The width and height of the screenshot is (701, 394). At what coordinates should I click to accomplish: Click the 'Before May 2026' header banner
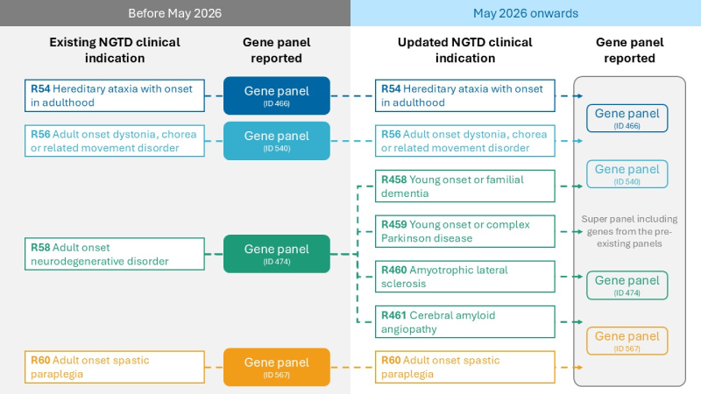tap(175, 13)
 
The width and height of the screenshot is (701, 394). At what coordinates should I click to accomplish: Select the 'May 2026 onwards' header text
tap(526, 13)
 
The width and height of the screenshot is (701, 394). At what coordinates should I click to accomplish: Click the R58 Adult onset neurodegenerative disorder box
tap(114, 254)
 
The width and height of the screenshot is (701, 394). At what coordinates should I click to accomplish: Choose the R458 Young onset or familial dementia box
tap(465, 186)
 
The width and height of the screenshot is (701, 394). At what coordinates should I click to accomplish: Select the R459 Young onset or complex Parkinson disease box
tap(465, 231)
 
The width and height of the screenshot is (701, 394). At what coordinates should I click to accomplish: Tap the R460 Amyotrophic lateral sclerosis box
tap(465, 277)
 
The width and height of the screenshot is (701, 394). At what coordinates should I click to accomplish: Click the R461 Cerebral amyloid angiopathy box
tap(465, 321)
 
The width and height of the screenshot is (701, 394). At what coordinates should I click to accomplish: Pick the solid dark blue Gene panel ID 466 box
tap(276, 95)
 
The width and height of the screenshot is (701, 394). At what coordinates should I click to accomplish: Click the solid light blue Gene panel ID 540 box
tap(276, 140)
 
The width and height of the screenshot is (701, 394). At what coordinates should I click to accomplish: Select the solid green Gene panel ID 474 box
tap(276, 254)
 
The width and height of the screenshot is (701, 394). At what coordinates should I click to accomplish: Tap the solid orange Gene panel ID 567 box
tap(276, 367)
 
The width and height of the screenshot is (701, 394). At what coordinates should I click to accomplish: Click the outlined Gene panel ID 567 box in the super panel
tap(626, 341)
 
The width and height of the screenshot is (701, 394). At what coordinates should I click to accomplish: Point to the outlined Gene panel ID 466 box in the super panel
tap(626, 118)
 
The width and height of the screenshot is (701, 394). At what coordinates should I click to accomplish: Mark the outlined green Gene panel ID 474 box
tap(626, 285)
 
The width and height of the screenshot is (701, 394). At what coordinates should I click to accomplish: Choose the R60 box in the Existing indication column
tap(114, 367)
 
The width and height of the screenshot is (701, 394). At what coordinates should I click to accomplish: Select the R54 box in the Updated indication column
tap(465, 95)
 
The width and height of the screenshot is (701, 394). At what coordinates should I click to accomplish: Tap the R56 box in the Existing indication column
tap(114, 140)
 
